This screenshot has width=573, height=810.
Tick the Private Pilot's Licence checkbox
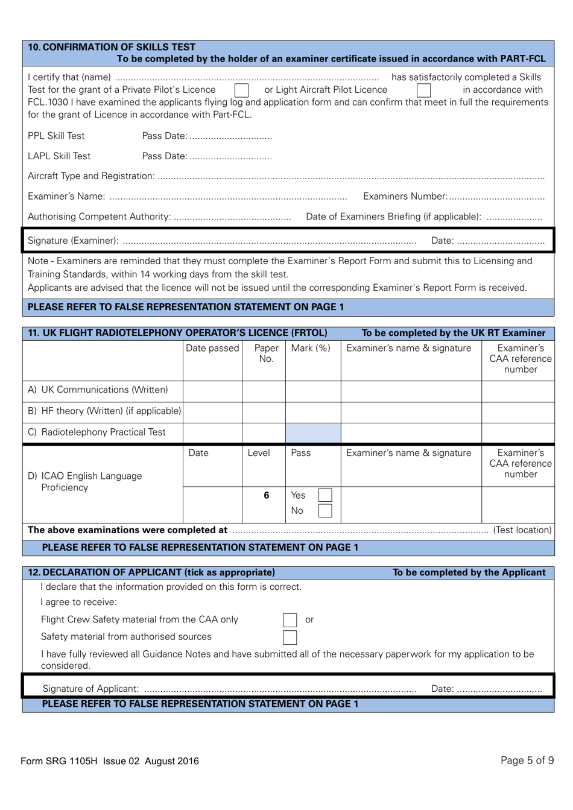pos(241,90)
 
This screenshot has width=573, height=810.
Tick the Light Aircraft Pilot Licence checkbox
pos(424,90)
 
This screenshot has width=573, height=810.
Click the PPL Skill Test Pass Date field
pos(230,136)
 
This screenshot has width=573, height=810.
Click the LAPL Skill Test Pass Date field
pos(230,156)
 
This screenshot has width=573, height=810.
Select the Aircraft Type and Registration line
pos(350,177)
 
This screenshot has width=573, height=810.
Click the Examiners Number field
pos(496,197)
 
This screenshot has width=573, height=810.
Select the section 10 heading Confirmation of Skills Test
pos(112,47)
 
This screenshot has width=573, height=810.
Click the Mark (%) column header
pos(311,349)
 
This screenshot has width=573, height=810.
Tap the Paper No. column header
pos(266,353)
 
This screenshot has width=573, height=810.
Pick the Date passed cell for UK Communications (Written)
pos(212,391)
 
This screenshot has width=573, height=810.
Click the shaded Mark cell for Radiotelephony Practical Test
pos(313,433)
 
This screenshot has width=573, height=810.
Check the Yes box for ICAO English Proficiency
pos(325,496)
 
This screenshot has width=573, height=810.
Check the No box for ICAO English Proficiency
pos(325,511)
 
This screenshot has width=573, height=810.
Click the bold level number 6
pos(266,496)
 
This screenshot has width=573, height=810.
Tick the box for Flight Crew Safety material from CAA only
pos(290,620)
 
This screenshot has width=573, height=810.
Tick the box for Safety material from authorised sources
pos(290,637)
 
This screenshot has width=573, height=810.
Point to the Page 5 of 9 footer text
pos(527,761)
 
